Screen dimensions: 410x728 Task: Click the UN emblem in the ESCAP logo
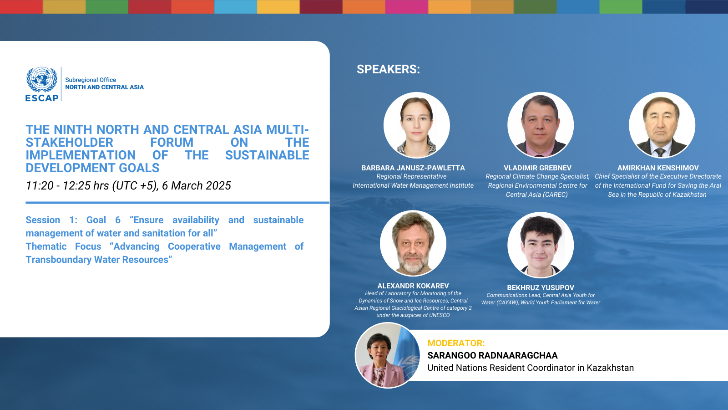pos(42,80)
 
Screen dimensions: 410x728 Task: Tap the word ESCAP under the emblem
pos(42,98)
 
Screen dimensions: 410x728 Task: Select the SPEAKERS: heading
pos(388,69)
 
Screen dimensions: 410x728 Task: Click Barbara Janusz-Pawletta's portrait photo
pos(416,125)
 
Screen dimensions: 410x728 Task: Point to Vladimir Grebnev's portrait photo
pos(540,125)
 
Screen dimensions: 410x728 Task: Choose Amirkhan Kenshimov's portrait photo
pos(662,125)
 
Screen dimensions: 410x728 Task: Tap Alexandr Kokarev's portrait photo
pos(413,244)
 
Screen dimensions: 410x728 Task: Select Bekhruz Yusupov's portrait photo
pos(541,245)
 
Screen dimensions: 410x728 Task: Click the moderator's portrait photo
pos(388,355)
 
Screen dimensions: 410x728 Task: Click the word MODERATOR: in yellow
pos(456,343)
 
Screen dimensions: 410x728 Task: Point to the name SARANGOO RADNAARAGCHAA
pos(492,355)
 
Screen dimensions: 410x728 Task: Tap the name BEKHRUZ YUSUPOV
pos(541,287)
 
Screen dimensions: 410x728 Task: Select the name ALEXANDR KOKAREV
pos(413,286)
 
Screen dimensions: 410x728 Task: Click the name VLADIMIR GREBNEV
pos(537,168)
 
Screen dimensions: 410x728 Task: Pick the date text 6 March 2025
pos(196,186)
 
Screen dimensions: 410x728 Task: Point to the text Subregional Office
pos(91,80)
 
